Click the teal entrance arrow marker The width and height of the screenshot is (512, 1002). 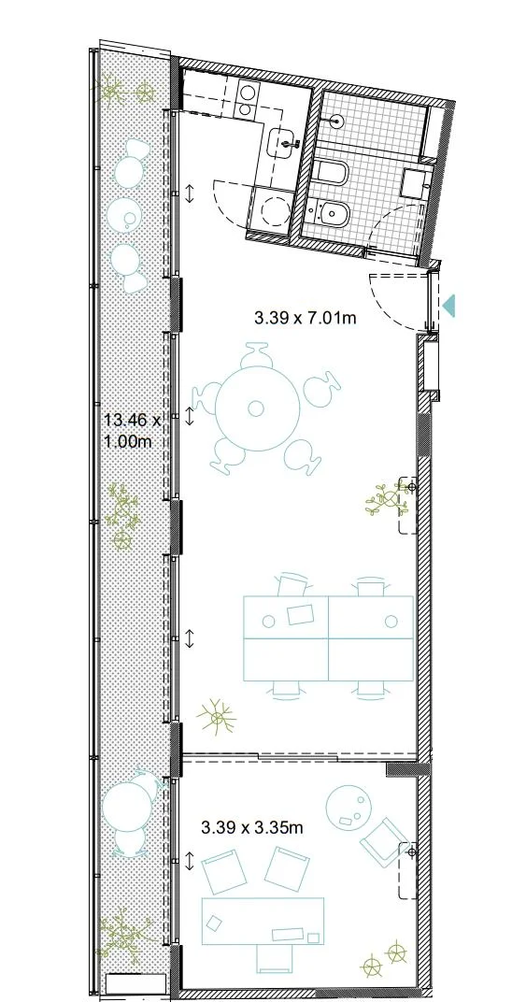(x=449, y=305)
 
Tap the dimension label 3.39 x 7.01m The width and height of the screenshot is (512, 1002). (x=306, y=318)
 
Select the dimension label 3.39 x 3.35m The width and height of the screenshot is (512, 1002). (x=252, y=827)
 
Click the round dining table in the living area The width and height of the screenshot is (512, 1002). (x=257, y=408)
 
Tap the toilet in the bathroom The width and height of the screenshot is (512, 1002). (x=331, y=171)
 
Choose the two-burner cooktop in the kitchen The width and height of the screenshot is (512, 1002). (x=246, y=100)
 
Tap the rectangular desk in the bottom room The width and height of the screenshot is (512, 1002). (x=263, y=921)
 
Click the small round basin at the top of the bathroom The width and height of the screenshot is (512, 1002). (x=337, y=121)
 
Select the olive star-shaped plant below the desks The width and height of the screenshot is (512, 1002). (x=217, y=716)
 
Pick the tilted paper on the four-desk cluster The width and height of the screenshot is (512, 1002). (x=302, y=615)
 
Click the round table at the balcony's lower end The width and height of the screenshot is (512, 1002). (x=127, y=807)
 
